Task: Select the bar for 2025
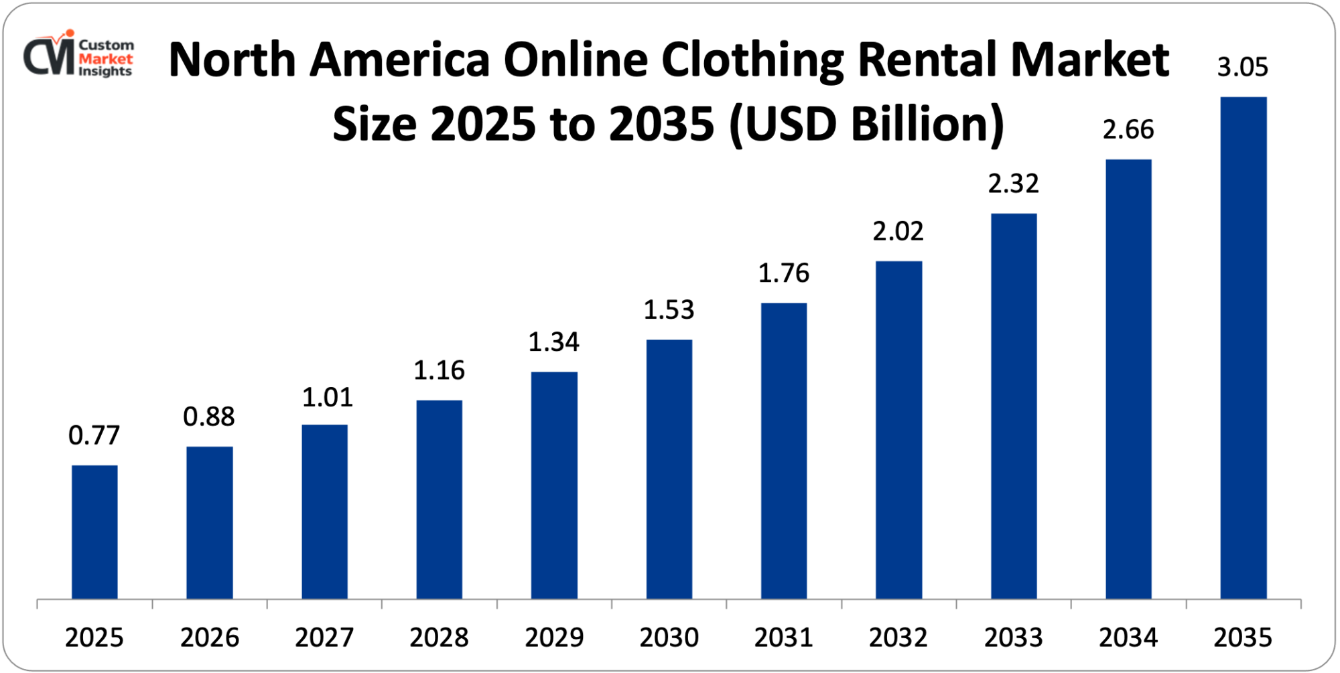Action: coord(94,532)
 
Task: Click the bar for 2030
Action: coord(669,469)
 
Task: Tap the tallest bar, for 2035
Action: coord(1243,348)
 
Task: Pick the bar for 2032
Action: coord(898,429)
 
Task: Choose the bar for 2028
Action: coord(439,499)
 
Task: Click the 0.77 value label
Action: coord(94,436)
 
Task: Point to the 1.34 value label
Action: coord(553,342)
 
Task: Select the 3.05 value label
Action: coord(1242,68)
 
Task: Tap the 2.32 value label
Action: coord(1013,184)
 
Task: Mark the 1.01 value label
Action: coord(327,398)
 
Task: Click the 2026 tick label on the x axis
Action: coord(209,638)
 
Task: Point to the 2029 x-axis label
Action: coord(553,638)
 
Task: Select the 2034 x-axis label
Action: coord(1128,638)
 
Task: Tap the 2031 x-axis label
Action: coord(783,638)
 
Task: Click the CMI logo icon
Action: coord(49,55)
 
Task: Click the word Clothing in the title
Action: coord(752,60)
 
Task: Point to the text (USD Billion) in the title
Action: coord(867,125)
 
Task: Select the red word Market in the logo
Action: coord(105,59)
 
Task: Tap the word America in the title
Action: coord(399,60)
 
